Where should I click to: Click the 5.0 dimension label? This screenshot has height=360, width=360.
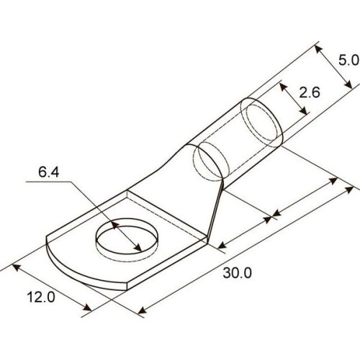coord(348,60)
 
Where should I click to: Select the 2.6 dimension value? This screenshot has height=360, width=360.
coord(310,92)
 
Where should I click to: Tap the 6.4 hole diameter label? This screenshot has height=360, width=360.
coord(48,172)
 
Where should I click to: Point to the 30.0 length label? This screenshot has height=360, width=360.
coord(238,273)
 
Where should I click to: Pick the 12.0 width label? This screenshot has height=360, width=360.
coord(41,297)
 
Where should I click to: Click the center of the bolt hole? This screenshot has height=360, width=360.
coord(127,236)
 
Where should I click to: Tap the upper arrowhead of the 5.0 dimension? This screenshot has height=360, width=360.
coord(318,50)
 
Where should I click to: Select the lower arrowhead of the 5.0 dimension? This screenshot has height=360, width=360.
coord(348,84)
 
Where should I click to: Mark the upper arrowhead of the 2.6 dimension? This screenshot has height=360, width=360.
coord(283,87)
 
